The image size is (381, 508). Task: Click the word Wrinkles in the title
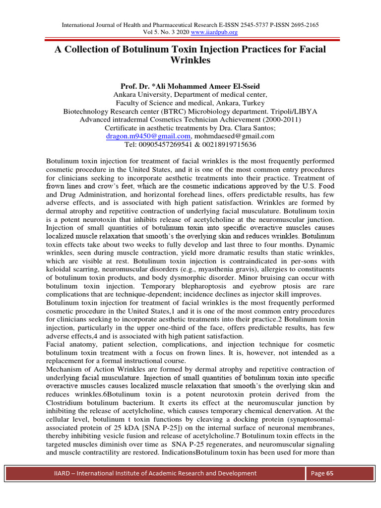click(x=190, y=61)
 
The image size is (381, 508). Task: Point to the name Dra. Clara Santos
click(x=248, y=128)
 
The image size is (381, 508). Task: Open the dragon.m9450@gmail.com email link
click(x=148, y=136)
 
